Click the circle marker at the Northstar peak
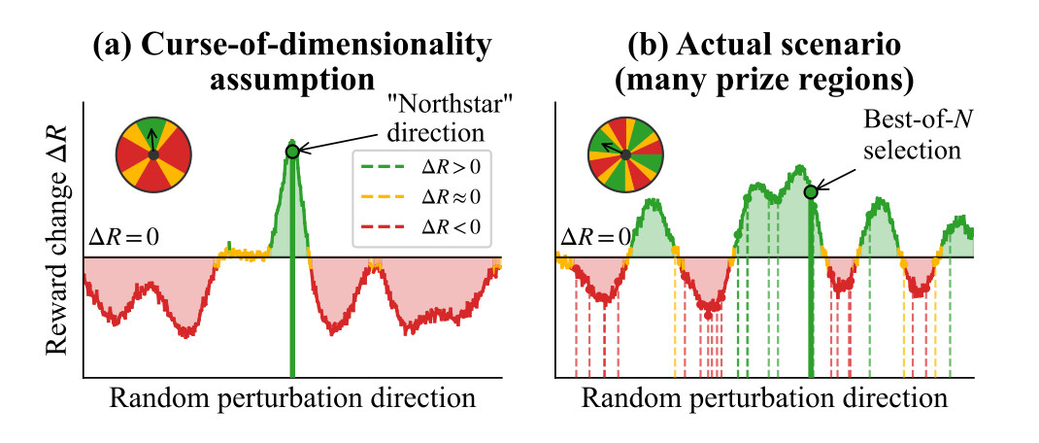point(292,151)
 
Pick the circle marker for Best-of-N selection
point(811,192)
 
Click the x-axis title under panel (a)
point(292,399)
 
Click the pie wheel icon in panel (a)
point(153,153)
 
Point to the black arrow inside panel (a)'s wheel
point(153,141)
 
